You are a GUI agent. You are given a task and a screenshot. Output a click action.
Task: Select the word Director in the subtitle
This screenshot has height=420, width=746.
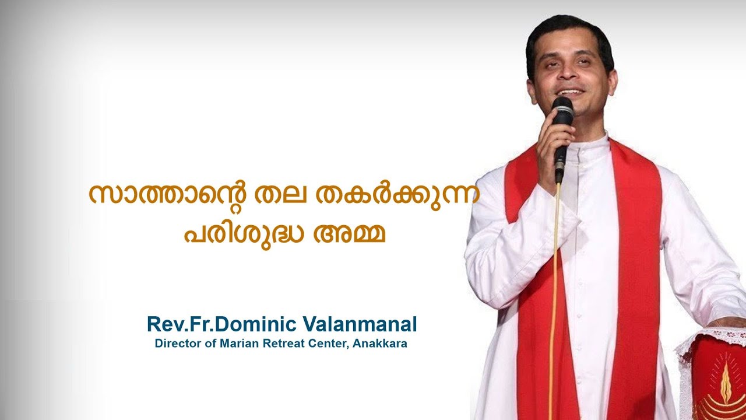click(x=175, y=344)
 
